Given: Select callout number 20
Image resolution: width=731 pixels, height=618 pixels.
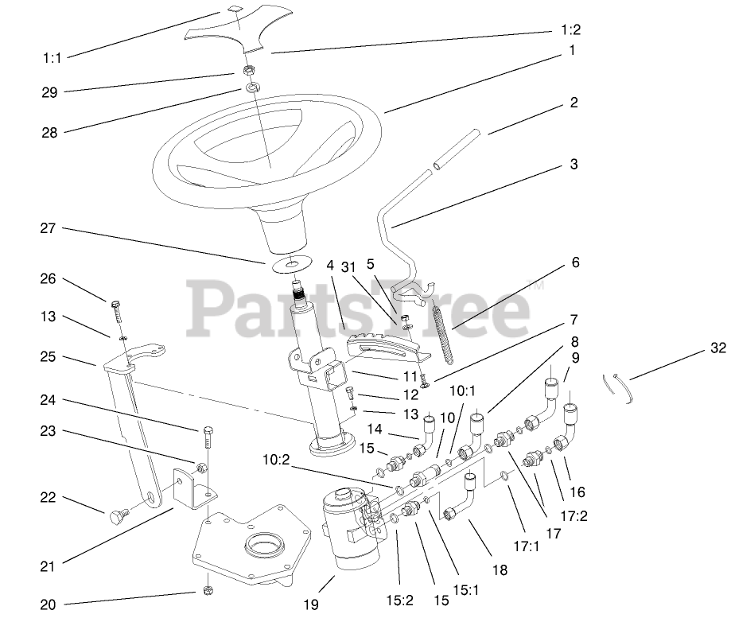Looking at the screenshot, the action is click(x=48, y=604).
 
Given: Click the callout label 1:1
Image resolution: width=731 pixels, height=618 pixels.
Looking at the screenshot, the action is click(x=52, y=57).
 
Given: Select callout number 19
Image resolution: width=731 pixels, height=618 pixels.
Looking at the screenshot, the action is click(x=310, y=605).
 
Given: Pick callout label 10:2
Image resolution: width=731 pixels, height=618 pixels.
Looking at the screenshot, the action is click(x=277, y=459).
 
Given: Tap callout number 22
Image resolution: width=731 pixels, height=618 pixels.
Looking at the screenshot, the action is click(x=48, y=498).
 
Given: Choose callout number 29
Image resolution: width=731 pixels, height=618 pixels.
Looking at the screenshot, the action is click(x=49, y=92).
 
